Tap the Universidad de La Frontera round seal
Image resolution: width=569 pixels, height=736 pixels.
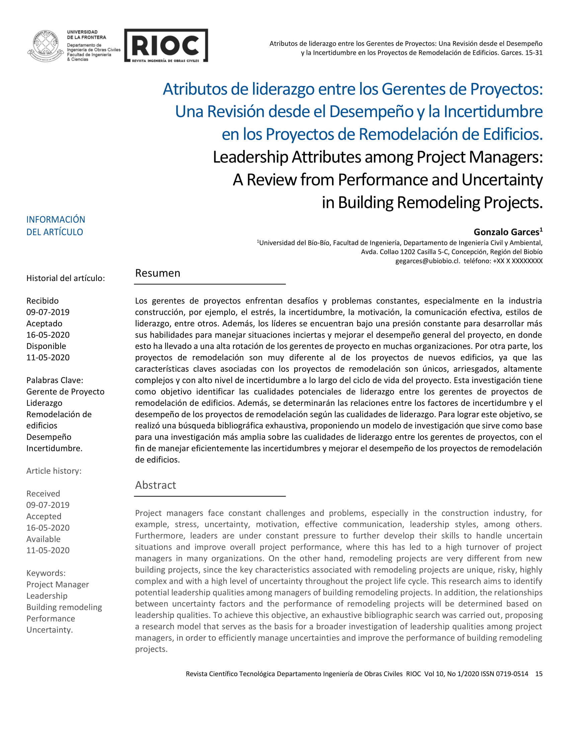[x=45, y=46]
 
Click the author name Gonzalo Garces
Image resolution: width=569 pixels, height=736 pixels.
[x=506, y=232]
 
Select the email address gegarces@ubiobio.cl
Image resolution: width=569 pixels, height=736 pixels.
[x=427, y=261]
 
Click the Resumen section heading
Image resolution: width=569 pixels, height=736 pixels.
[x=157, y=273]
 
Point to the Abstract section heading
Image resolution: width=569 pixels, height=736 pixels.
[x=155, y=485]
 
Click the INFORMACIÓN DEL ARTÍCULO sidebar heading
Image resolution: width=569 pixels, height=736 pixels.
[x=56, y=225]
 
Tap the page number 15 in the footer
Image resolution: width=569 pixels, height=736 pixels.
[x=539, y=674]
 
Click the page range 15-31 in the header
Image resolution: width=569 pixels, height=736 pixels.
[x=534, y=53]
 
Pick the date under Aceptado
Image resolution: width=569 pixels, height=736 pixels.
[x=48, y=335]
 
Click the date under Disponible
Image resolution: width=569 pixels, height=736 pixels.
[x=48, y=358]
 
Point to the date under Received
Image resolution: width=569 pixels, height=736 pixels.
[x=48, y=505]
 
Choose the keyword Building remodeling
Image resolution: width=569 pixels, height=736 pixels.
[x=64, y=607]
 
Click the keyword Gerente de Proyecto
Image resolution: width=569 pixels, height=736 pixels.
[x=65, y=392]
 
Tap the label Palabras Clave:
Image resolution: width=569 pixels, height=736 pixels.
[x=55, y=380]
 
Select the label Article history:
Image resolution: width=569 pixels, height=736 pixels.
[x=54, y=471]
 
